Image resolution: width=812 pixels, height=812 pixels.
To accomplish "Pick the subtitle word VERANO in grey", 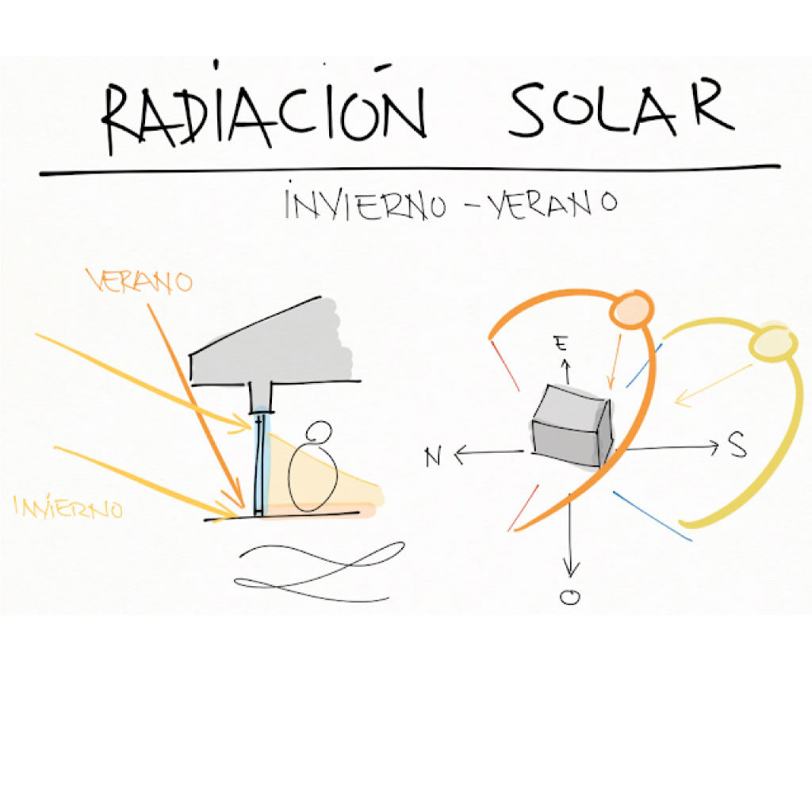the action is (x=553, y=205).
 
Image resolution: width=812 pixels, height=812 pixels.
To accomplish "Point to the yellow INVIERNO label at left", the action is (x=69, y=507).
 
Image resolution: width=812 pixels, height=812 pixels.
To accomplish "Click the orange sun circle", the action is (x=630, y=309).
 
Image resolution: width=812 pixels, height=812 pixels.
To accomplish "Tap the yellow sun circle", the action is (x=774, y=343).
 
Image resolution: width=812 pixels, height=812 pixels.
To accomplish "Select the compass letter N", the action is (x=433, y=458).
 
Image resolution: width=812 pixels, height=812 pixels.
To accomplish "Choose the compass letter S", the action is (x=737, y=447).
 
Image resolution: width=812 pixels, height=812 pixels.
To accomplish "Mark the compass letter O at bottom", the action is (x=569, y=598).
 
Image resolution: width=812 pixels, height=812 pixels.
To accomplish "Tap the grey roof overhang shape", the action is (x=270, y=343).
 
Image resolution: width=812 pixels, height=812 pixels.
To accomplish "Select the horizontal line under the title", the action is (x=409, y=170).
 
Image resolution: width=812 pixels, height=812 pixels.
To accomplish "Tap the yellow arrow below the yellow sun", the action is (x=712, y=385).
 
